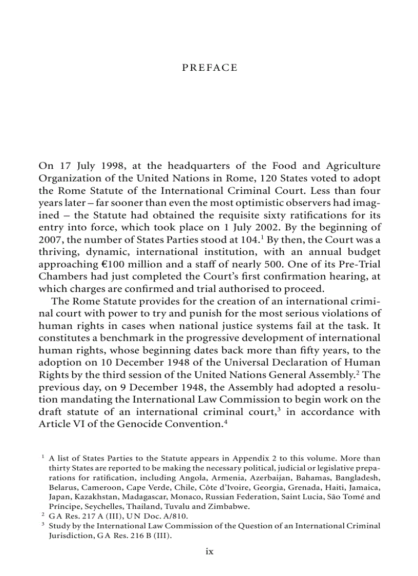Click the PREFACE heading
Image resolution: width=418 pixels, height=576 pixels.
pyautogui.click(x=210, y=68)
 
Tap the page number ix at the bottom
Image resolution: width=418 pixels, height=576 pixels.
pyautogui.click(x=209, y=551)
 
